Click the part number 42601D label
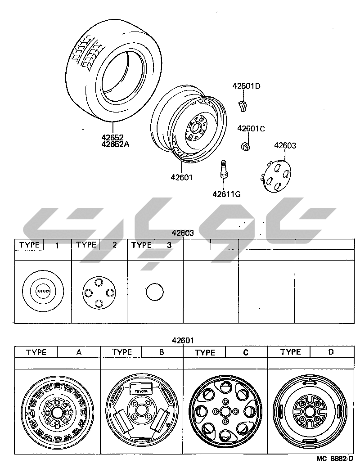pyautogui.click(x=246, y=86)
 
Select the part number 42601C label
pyautogui.click(x=251, y=129)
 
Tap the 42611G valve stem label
pyautogui.click(x=226, y=194)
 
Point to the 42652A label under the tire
pyautogui.click(x=115, y=144)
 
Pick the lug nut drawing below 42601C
pyautogui.click(x=245, y=146)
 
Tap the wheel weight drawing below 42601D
pyautogui.click(x=242, y=106)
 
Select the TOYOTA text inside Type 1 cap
pyautogui.click(x=43, y=291)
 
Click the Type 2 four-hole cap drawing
pyautogui.click(x=99, y=292)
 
